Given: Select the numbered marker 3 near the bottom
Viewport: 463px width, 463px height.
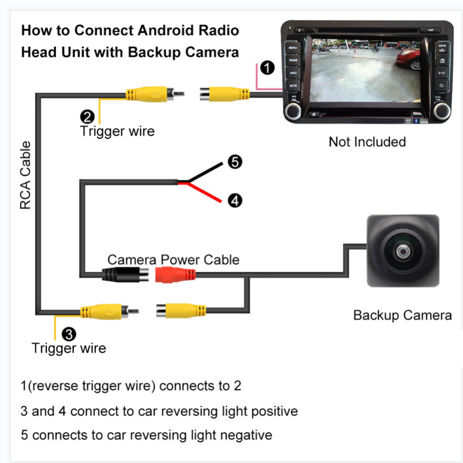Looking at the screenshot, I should [69, 333].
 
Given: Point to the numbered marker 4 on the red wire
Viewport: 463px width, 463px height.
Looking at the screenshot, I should [235, 200].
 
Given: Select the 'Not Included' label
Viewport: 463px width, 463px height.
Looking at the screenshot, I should [367, 142].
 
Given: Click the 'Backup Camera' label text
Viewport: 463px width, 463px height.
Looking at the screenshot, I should [402, 315].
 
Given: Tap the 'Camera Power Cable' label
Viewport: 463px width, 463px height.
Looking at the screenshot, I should [173, 259].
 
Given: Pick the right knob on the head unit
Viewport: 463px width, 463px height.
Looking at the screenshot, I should [442, 110].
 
